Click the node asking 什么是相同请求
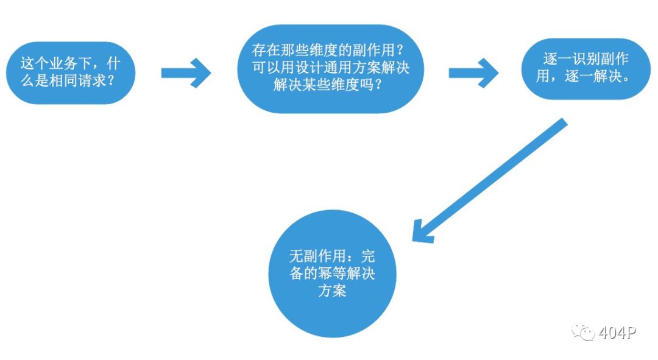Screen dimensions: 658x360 pos(71,72)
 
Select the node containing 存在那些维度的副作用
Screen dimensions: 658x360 pos(331,69)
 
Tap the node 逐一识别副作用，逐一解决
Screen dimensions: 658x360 pos(586,69)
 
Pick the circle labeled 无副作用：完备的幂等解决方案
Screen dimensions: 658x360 pos(333,274)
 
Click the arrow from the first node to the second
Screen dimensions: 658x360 pos(186,73)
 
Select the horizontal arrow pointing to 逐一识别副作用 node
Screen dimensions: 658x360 pos(473,73)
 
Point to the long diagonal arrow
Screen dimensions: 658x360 pos(490,181)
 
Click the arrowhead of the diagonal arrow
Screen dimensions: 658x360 pos(422,233)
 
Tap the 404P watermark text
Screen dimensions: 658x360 pos(617,333)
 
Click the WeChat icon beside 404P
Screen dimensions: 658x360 pos(583,333)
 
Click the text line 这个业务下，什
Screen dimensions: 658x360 pos(71,64)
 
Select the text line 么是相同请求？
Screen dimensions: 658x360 pos(68,80)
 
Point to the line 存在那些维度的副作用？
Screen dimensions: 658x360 pos(328,51)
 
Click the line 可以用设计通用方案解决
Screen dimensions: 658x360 pos(331,68)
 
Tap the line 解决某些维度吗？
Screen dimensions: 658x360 pos(328,85)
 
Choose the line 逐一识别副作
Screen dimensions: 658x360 pos(586,59)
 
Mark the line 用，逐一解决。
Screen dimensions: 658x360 pos(583,76)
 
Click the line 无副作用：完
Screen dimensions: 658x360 pos(332,256)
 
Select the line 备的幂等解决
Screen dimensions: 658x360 pos(332,273)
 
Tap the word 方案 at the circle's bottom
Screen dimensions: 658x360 pos(332,291)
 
